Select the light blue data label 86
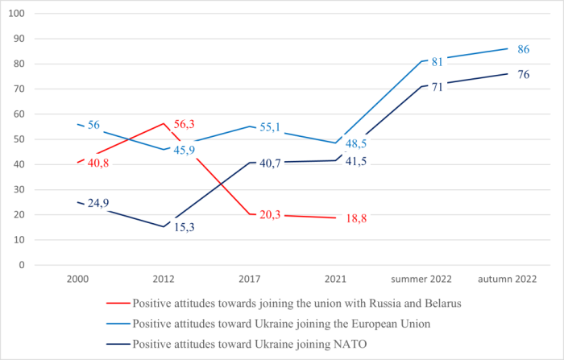click(522, 49)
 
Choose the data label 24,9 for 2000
click(99, 204)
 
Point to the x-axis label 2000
click(78, 279)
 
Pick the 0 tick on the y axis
click(22, 265)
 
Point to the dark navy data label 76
click(522, 75)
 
